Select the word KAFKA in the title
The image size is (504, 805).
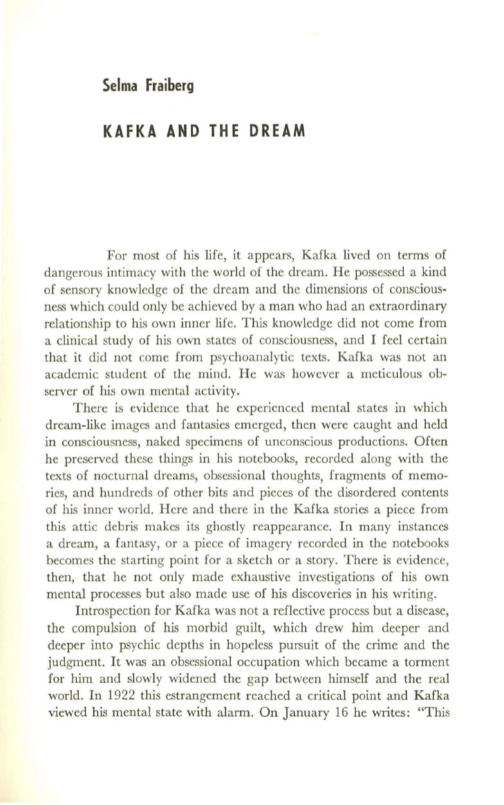click(126, 131)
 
